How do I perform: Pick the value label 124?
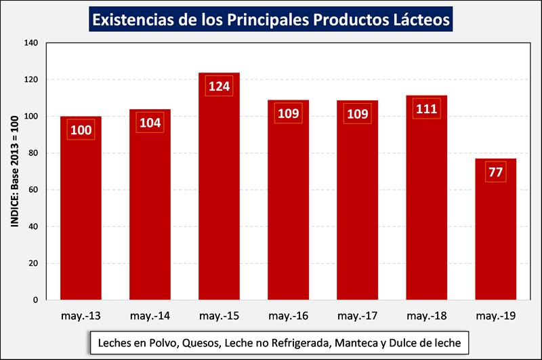tap(219, 87)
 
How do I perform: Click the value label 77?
tap(495, 172)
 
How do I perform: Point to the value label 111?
tap(426, 108)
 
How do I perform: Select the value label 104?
tap(150, 123)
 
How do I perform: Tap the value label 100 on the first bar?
tap(81, 129)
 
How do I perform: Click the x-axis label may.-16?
tap(288, 315)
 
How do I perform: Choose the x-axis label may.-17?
tap(357, 315)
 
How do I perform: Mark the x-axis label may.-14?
tap(150, 315)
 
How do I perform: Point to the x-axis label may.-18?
tap(426, 315)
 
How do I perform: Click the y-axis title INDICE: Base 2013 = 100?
tap(14, 171)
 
